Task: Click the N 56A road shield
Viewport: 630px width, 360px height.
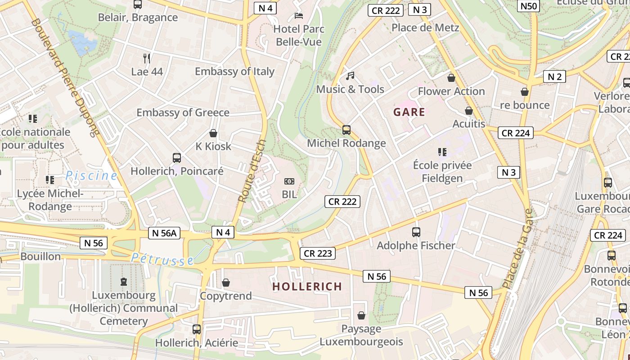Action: pyautogui.click(x=164, y=233)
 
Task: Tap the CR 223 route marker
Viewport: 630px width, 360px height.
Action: pyautogui.click(x=318, y=253)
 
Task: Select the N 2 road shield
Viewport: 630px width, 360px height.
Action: pyautogui.click(x=554, y=76)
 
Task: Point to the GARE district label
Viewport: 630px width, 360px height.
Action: pyautogui.click(x=409, y=112)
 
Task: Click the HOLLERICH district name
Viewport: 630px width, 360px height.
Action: pyautogui.click(x=307, y=286)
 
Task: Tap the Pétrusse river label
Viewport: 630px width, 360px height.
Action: pyautogui.click(x=163, y=259)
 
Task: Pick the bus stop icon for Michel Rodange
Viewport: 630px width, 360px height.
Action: pyautogui.click(x=346, y=130)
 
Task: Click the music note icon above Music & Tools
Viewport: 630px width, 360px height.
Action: pyautogui.click(x=350, y=76)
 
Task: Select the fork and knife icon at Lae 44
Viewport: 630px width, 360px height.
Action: pyautogui.click(x=147, y=58)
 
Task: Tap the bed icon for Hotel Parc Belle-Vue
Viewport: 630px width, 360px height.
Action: pyautogui.click(x=298, y=16)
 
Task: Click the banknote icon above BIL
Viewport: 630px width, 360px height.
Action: pyautogui.click(x=289, y=181)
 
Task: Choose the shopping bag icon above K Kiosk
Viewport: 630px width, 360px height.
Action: pyautogui.click(x=213, y=133)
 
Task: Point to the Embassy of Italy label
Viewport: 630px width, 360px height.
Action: pyautogui.click(x=234, y=71)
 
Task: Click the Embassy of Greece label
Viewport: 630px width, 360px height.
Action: pyautogui.click(x=183, y=112)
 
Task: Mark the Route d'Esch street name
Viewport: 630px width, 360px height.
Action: pyautogui.click(x=252, y=171)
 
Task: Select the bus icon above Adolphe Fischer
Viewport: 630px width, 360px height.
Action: pyautogui.click(x=416, y=232)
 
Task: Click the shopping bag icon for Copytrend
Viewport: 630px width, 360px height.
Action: pyautogui.click(x=226, y=283)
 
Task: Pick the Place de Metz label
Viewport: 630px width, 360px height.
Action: pyautogui.click(x=425, y=27)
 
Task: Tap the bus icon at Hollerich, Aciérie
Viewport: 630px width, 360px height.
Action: pyautogui.click(x=197, y=329)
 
